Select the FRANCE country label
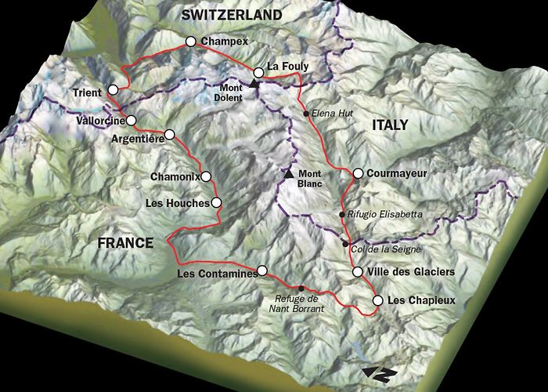[125, 243]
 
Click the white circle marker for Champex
[190, 42]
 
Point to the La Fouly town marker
[258, 72]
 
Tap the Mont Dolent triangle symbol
[254, 82]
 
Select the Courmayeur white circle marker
[357, 172]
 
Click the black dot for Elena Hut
[306, 114]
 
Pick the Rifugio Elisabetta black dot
[341, 214]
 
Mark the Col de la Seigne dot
[345, 244]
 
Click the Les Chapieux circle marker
[377, 300]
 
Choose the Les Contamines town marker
[262, 270]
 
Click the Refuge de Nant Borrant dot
[301, 289]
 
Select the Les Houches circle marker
[216, 203]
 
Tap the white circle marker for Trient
[114, 89]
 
